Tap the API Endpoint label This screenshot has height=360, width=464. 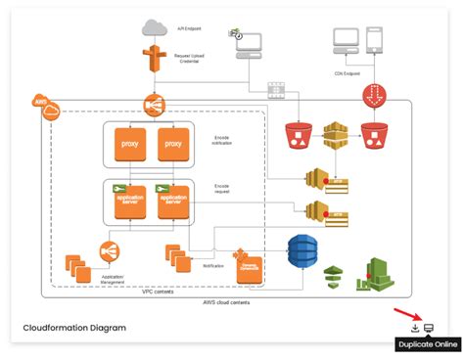pos(190,28)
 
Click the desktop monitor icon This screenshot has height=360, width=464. pos(345,39)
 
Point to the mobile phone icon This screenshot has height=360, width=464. pos(374,39)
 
